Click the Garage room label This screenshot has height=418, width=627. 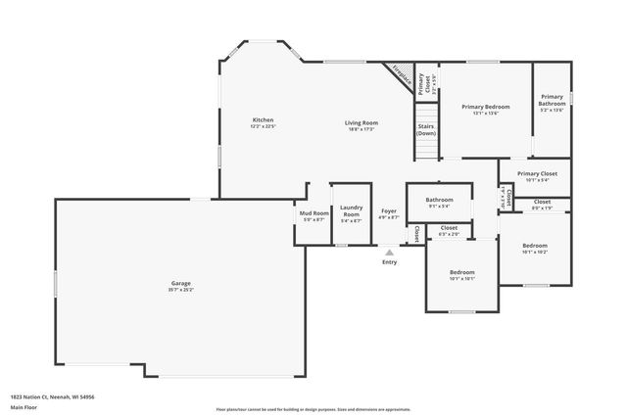[181, 283]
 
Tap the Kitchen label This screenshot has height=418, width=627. [263, 120]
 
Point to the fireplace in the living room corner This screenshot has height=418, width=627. [397, 74]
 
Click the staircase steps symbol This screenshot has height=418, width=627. [425, 147]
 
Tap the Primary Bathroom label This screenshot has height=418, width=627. [552, 100]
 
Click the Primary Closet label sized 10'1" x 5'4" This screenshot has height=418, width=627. [537, 173]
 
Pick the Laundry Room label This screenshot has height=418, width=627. [351, 210]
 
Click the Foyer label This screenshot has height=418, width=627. [389, 211]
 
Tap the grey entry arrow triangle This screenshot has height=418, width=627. [389, 253]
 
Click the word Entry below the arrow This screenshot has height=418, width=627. [389, 262]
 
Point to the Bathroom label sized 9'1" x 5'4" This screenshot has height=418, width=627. [438, 200]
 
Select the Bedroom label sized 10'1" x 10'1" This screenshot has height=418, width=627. [461, 271]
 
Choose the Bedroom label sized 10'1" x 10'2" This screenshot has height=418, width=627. [534, 245]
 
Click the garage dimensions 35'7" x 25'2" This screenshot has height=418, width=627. [181, 290]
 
